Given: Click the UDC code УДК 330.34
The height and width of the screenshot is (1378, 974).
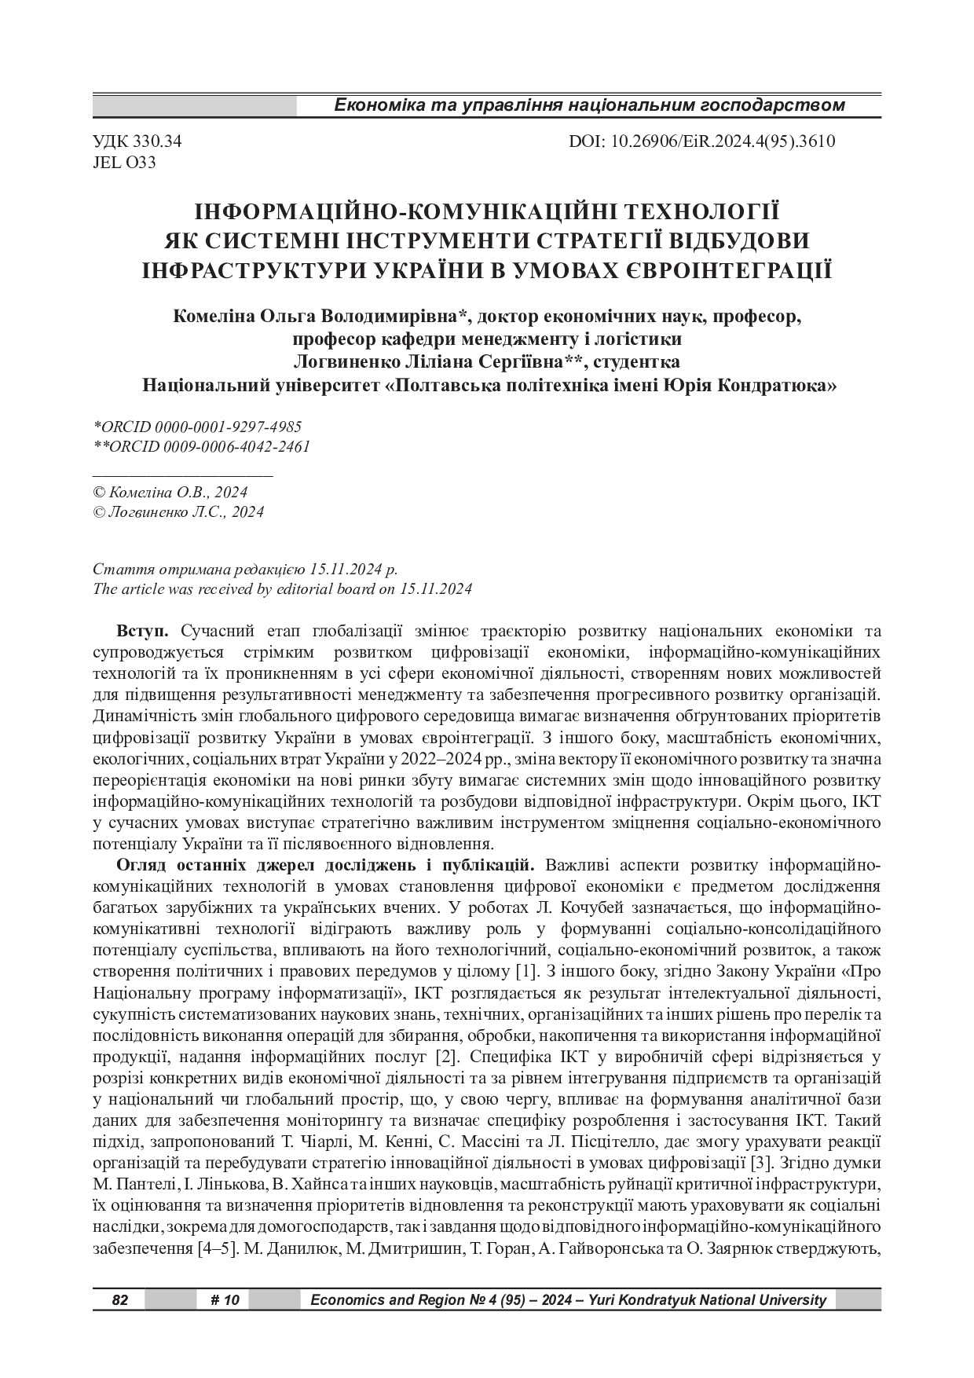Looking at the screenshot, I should (x=137, y=142).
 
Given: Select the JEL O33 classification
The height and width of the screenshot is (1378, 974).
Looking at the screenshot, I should (x=124, y=163).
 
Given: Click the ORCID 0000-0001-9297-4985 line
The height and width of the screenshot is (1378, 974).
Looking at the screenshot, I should (x=197, y=427).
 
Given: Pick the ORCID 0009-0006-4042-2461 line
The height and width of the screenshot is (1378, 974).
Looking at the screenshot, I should (x=201, y=446).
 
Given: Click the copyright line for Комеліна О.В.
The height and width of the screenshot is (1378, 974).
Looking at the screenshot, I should (x=170, y=493).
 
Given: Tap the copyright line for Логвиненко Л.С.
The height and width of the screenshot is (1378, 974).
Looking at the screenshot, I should (x=178, y=512).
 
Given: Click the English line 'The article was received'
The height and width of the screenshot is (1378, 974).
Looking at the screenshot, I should (x=282, y=588).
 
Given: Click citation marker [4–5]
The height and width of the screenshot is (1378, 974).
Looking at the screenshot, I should (x=218, y=1248).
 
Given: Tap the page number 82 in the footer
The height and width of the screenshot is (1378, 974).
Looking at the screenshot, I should (x=119, y=1300).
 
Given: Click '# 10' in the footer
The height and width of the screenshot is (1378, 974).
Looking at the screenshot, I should (x=225, y=1300).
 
